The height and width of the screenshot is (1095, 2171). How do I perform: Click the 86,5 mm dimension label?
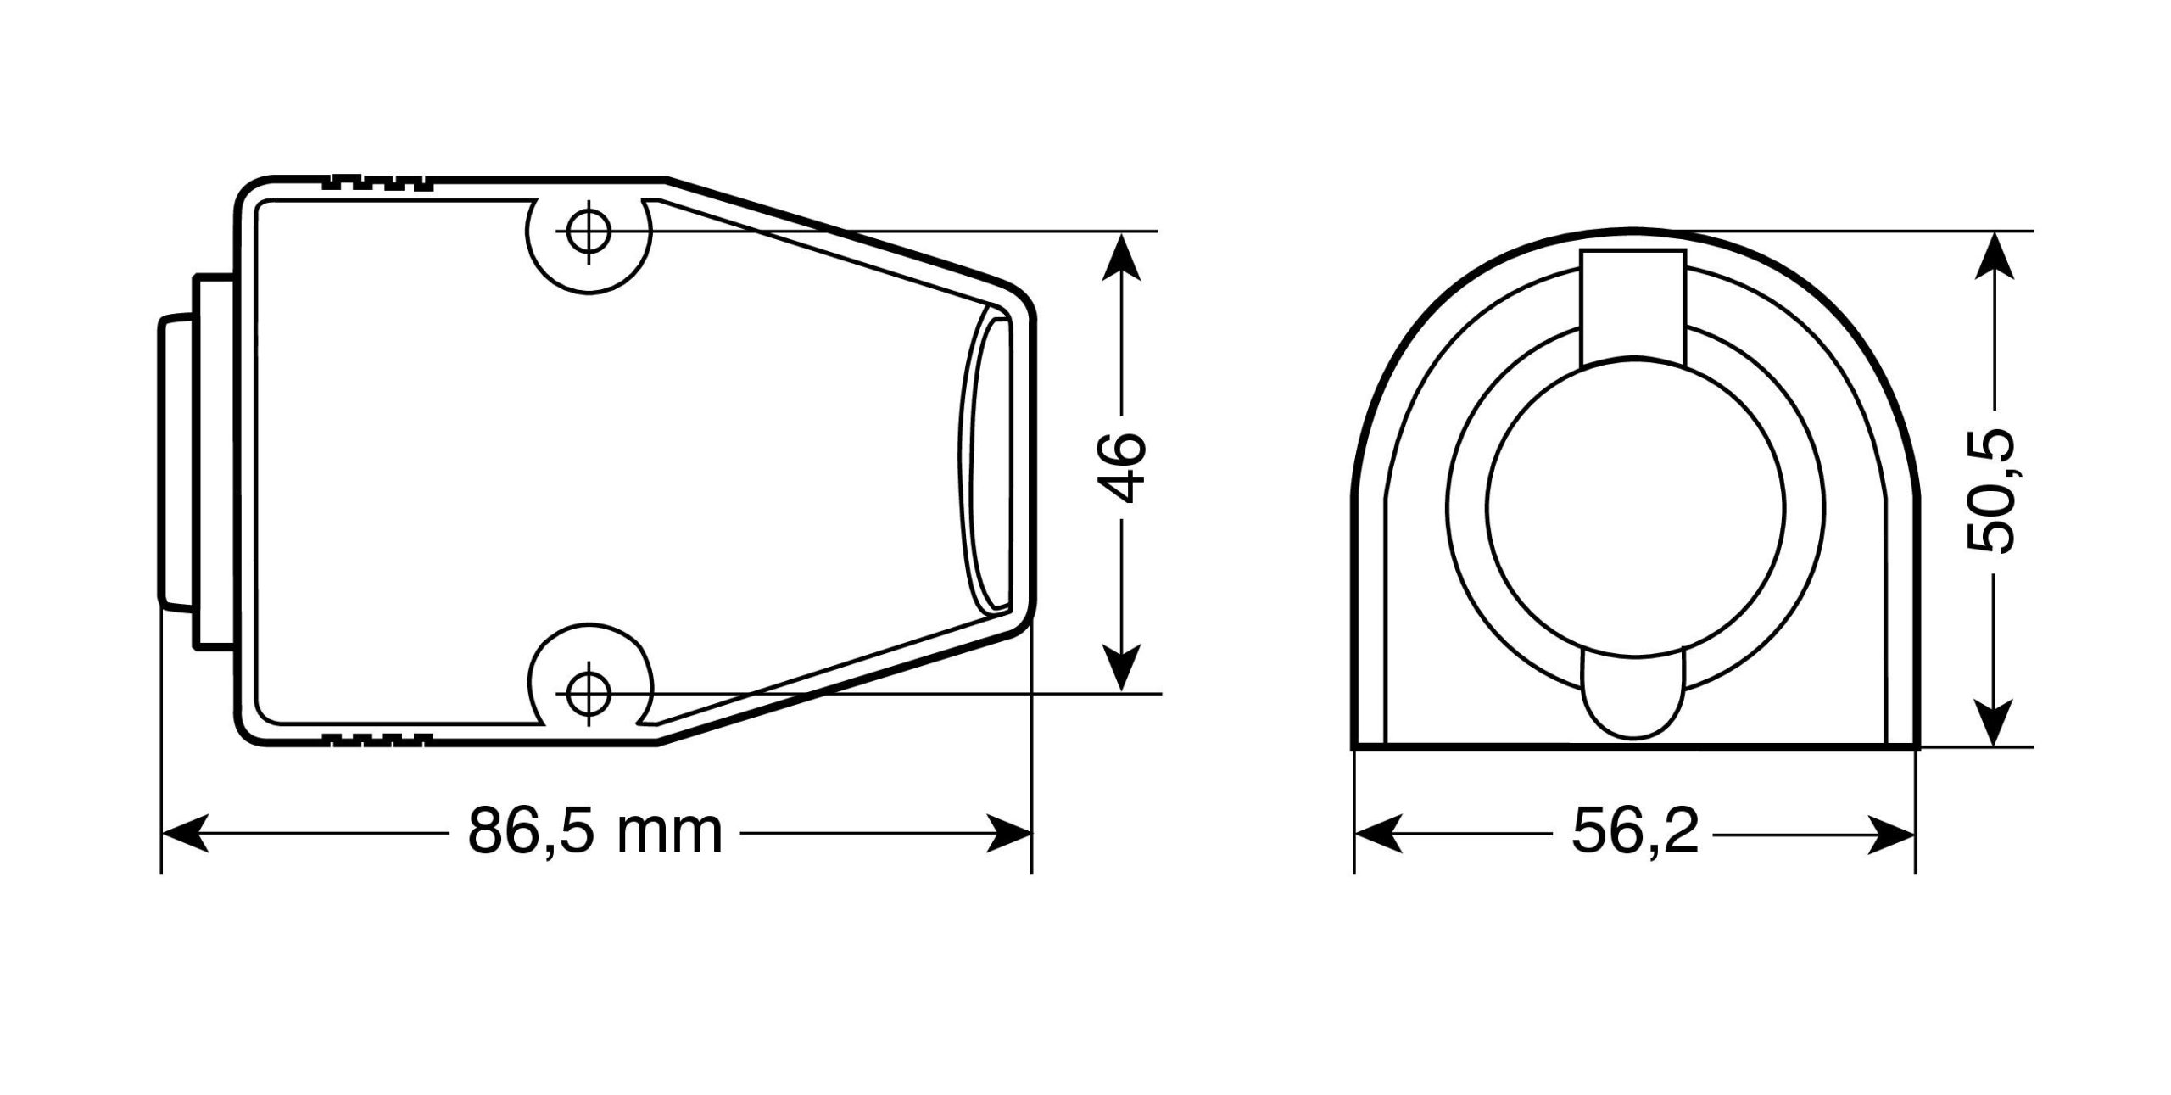(x=595, y=832)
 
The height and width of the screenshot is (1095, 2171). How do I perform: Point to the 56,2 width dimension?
(x=1635, y=832)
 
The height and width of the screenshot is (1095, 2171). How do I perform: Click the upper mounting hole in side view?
(x=589, y=231)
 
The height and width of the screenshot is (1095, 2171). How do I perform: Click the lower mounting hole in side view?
(x=589, y=694)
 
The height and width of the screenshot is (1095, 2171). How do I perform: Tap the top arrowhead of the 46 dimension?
(x=1123, y=255)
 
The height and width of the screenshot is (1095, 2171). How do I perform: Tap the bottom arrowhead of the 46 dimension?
(x=1123, y=668)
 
